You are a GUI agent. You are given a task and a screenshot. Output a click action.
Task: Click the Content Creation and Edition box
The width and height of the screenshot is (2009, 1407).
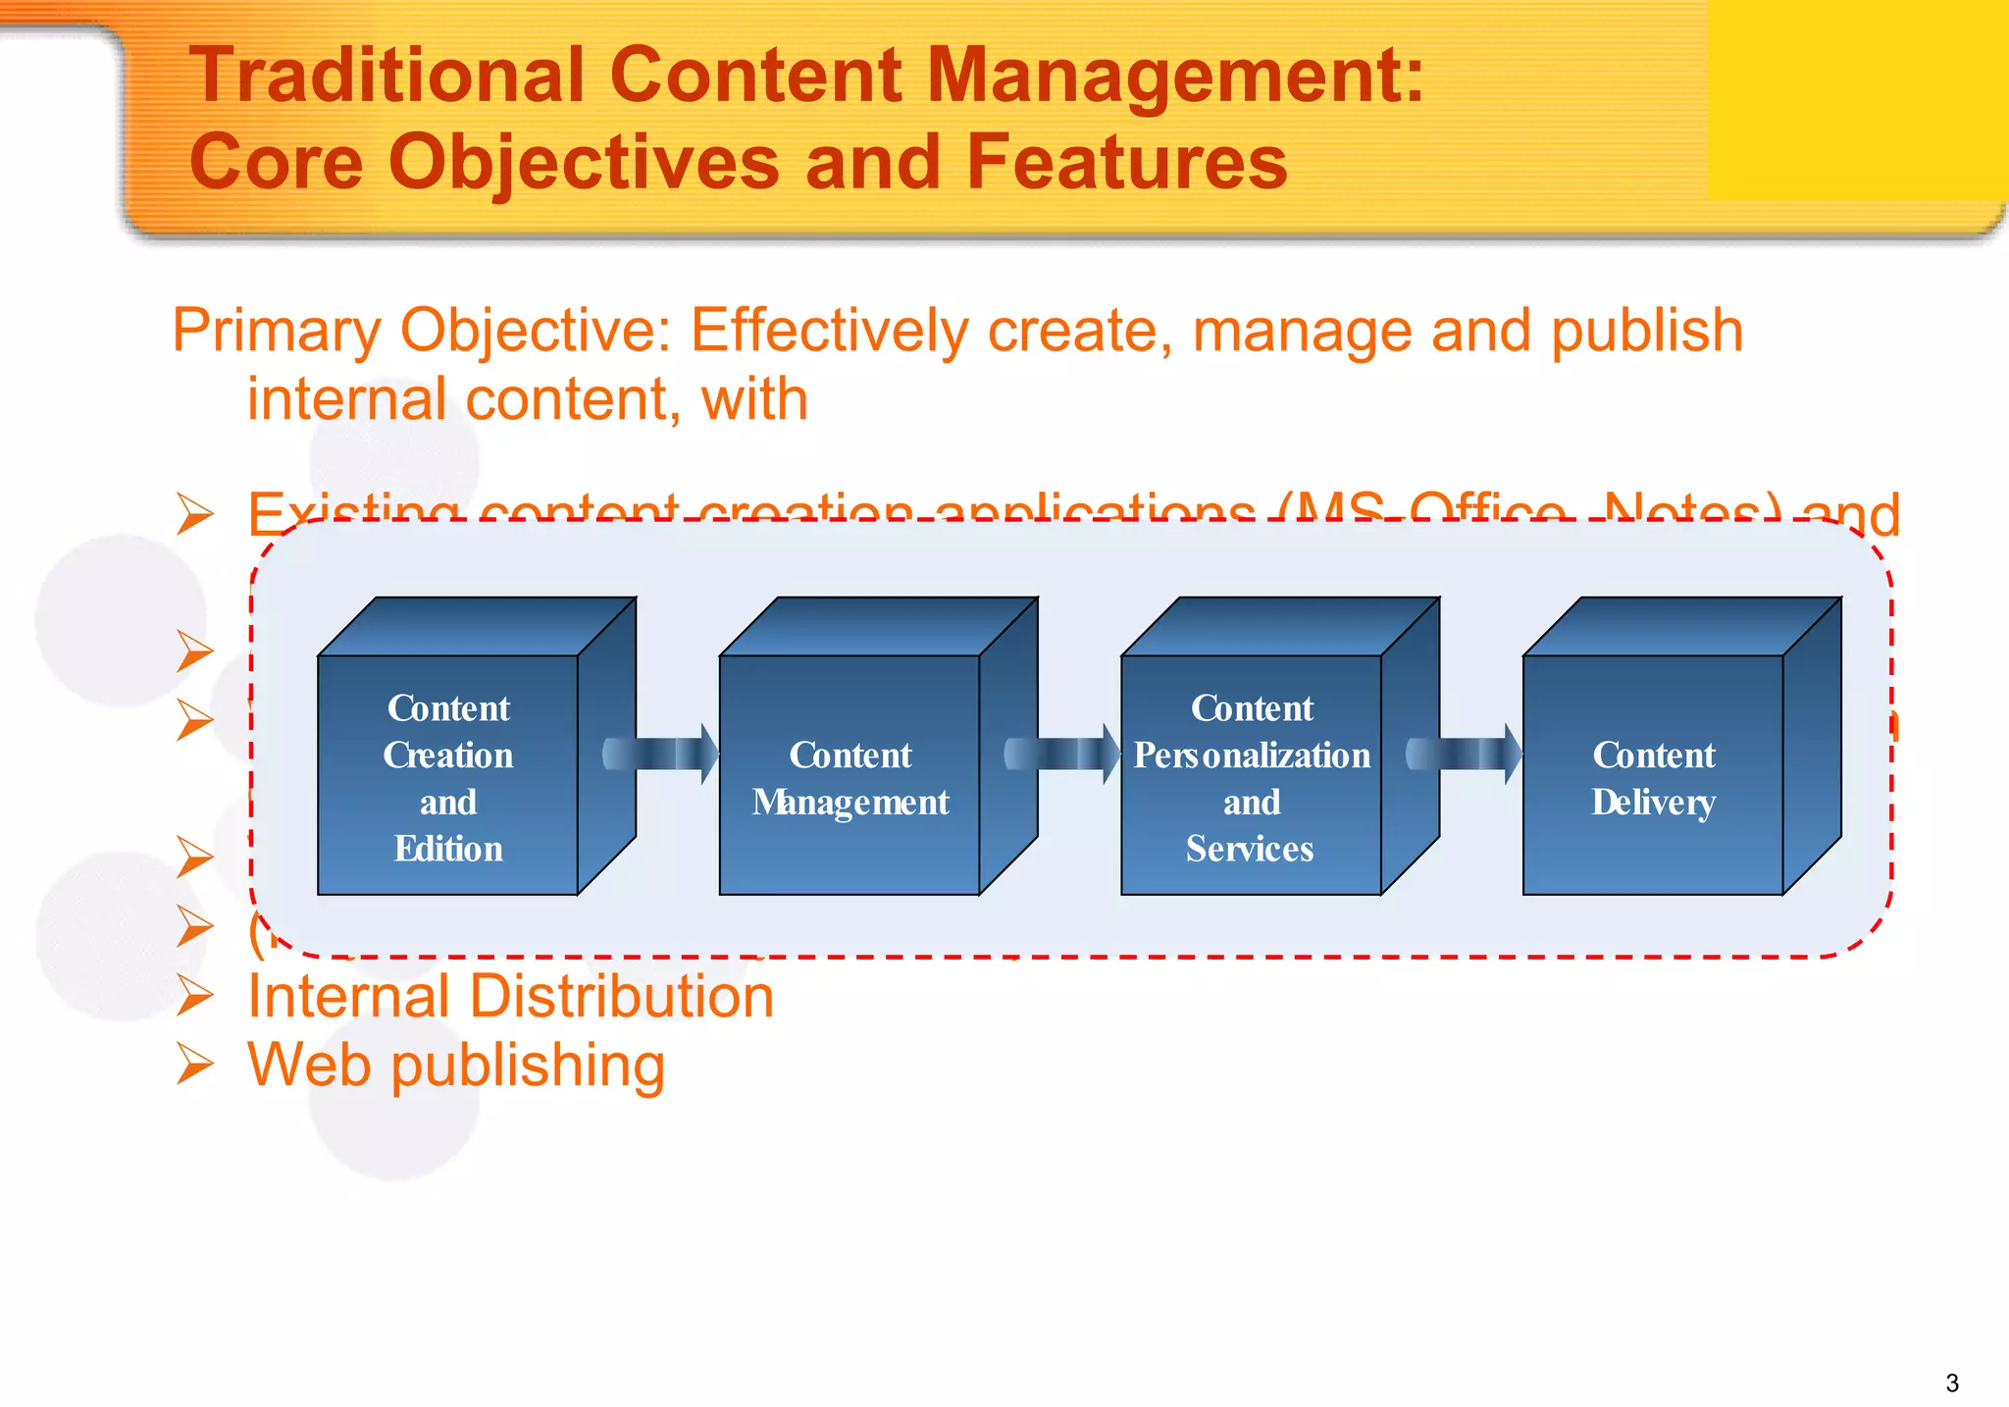[448, 775]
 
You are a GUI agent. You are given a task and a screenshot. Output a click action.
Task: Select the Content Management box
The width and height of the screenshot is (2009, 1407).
[850, 775]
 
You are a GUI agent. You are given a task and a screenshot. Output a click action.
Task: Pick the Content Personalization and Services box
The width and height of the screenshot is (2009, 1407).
[1252, 775]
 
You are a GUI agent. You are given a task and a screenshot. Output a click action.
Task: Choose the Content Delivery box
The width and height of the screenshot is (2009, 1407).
[1653, 775]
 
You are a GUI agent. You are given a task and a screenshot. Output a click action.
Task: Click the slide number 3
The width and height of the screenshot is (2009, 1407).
[1951, 1383]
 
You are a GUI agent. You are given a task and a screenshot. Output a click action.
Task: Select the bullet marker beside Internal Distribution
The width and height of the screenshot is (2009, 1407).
[195, 997]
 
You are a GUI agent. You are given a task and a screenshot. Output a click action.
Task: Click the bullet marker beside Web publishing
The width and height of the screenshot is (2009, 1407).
[195, 1066]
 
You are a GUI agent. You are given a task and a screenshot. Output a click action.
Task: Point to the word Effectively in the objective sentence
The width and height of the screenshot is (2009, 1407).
[829, 332]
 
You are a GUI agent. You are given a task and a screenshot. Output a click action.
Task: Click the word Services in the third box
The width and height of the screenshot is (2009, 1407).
[1250, 849]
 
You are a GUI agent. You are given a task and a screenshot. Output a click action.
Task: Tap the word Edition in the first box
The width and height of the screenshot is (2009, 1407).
[448, 849]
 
